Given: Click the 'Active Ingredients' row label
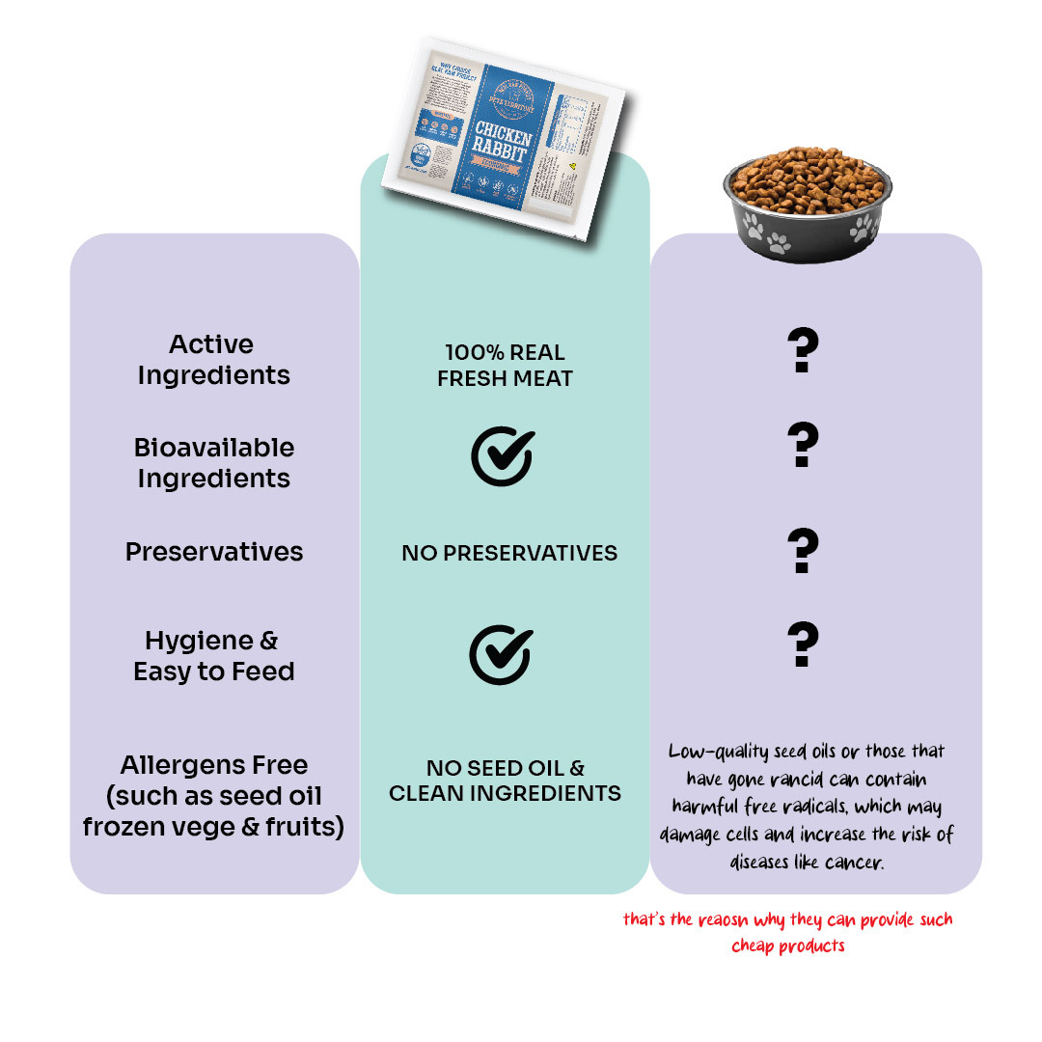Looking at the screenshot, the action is (x=213, y=360).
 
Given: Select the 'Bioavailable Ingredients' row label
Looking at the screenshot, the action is (x=213, y=463).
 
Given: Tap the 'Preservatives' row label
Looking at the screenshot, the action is (x=213, y=552).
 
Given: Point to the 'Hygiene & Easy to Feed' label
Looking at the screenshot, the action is (x=213, y=656).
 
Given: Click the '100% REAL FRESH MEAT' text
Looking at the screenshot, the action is (x=505, y=366).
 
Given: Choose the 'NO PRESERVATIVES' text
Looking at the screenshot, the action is (x=509, y=553).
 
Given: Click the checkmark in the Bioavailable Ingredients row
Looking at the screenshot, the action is (x=502, y=455).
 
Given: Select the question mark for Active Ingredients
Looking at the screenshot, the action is (x=803, y=351).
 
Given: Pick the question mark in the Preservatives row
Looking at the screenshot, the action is (x=803, y=552).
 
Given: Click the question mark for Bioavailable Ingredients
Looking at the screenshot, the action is (x=803, y=445).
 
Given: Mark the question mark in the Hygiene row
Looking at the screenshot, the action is (x=803, y=644).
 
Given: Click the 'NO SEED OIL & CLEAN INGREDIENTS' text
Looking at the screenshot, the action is (x=505, y=781).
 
